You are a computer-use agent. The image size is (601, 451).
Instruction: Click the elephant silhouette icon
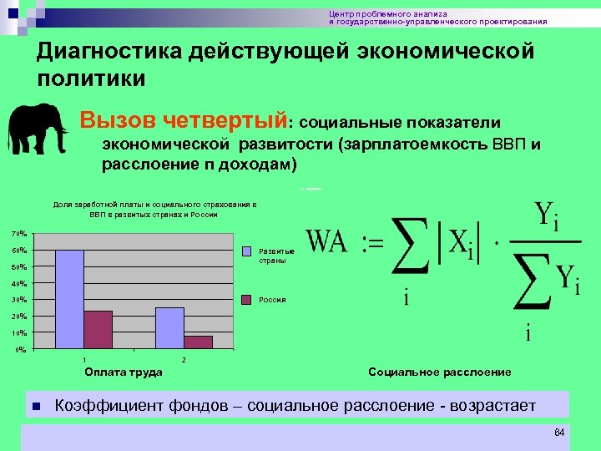pos(38,130)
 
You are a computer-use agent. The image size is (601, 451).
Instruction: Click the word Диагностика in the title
pos(110,53)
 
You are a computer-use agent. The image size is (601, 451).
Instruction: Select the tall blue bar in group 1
pos(69,299)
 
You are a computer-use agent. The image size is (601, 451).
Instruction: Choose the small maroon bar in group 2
pos(198,342)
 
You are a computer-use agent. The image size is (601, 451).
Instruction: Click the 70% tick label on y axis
pos(18,233)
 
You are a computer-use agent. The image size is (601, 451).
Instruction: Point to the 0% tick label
pos(20,350)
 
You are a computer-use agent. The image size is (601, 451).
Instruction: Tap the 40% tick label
pos(18,283)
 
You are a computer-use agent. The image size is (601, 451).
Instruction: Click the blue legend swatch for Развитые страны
pos(247,251)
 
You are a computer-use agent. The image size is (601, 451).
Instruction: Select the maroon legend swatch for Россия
pos(247,299)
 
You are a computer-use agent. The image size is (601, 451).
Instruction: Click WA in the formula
pos(327,243)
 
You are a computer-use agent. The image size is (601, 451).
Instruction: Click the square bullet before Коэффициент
pos(34,407)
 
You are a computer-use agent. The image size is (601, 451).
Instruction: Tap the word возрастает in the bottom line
pos(492,406)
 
